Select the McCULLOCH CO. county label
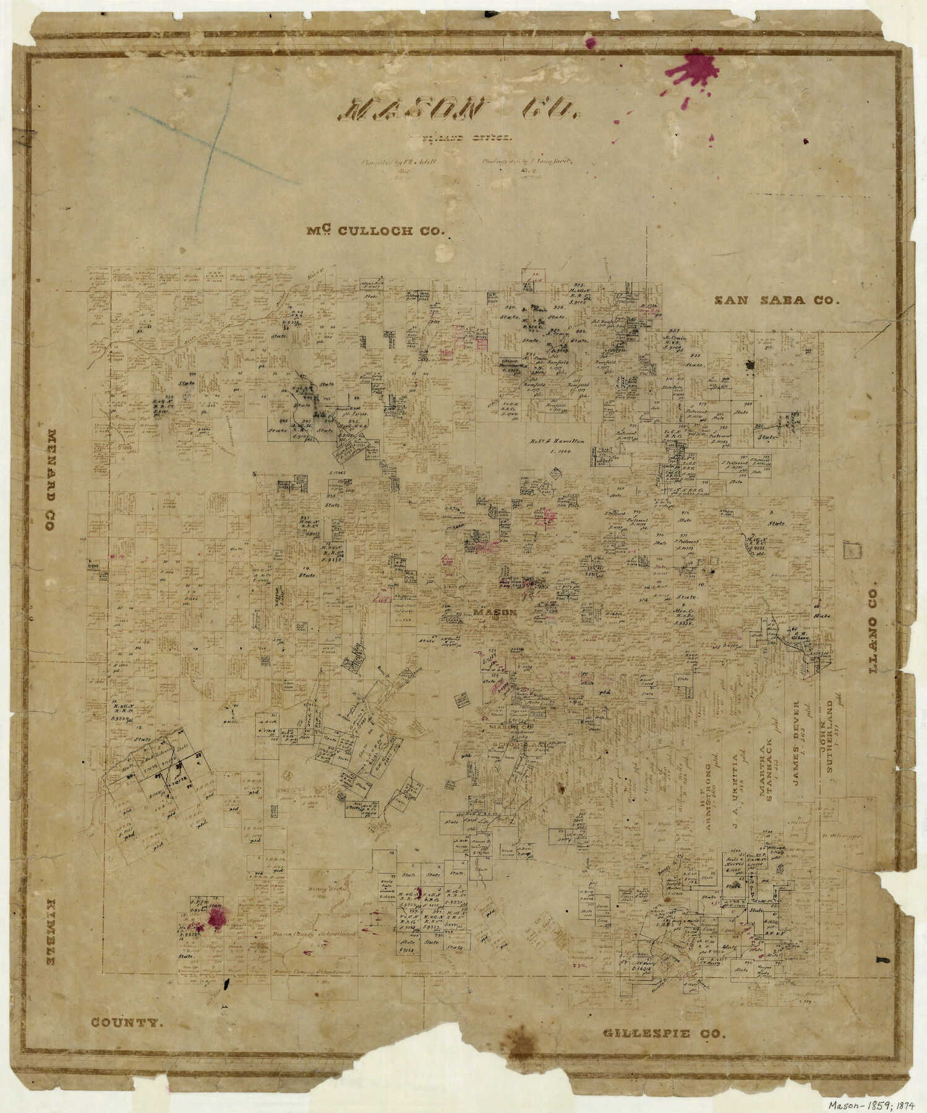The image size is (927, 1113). (376, 231)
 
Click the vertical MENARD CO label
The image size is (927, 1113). (50, 480)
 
